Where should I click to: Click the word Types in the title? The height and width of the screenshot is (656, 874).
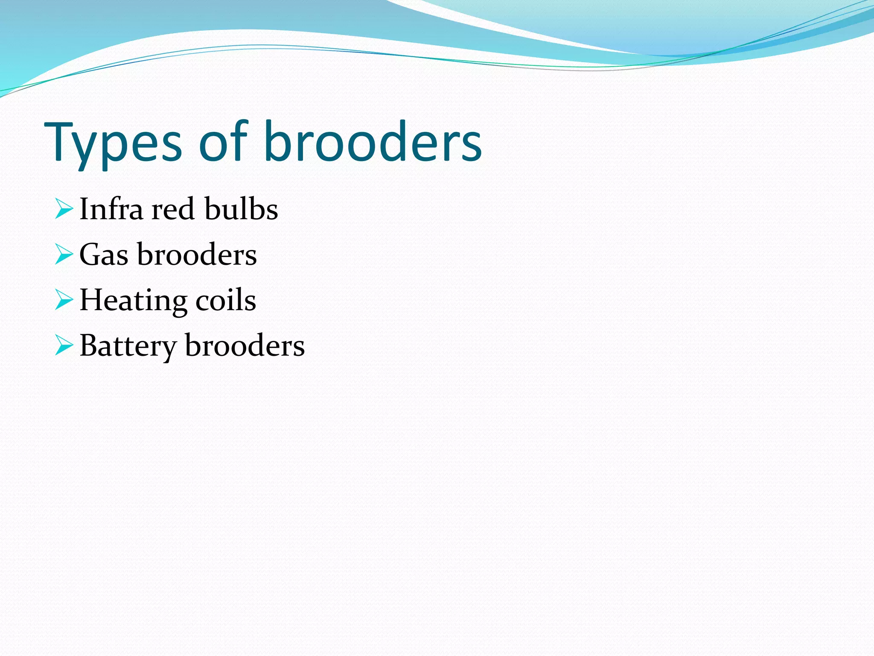(x=113, y=143)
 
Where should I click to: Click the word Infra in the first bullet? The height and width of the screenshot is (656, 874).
(x=111, y=209)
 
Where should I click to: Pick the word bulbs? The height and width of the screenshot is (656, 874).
(x=241, y=209)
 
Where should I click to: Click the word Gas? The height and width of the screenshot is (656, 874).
(x=104, y=255)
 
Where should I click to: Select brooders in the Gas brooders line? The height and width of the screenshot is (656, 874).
(x=197, y=255)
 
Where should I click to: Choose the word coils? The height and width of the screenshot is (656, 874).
(x=226, y=300)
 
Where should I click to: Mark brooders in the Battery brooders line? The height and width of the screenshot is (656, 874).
(x=245, y=346)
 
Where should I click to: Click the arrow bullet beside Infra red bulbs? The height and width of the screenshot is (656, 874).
(x=64, y=210)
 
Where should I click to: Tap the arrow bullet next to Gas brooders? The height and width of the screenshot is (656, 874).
(x=64, y=255)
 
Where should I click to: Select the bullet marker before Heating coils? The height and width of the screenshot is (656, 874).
(x=64, y=300)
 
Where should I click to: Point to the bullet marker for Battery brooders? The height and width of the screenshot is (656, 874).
(x=64, y=346)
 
